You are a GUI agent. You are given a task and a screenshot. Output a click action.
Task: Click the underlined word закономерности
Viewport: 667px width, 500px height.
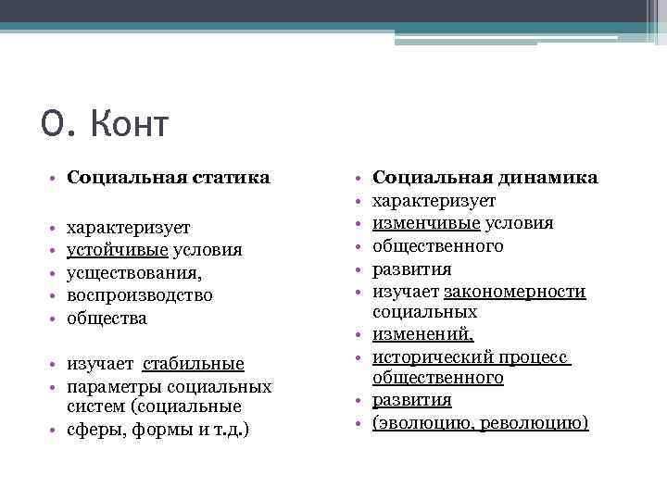point(515,292)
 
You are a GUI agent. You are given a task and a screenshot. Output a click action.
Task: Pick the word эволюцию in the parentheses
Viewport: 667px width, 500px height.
point(422,423)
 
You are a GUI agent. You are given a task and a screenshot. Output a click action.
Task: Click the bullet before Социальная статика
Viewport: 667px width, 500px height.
point(56,177)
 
